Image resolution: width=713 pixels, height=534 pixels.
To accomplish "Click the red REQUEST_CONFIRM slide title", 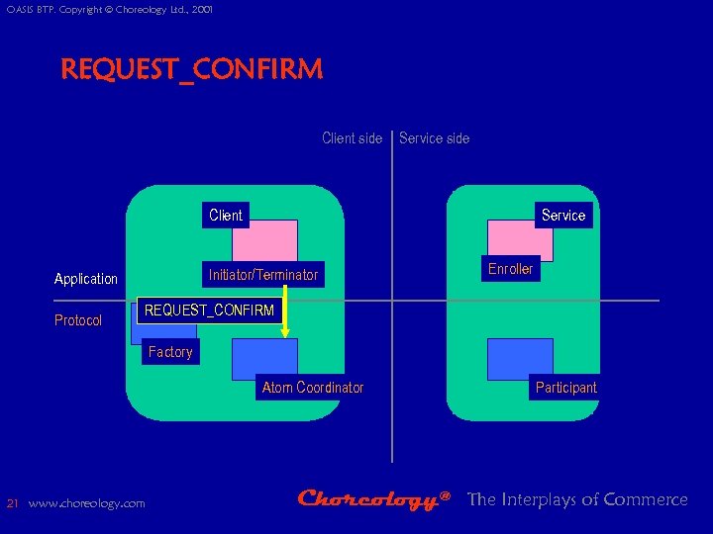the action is (x=191, y=70).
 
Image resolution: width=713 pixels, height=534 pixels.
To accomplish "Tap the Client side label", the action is (x=352, y=138).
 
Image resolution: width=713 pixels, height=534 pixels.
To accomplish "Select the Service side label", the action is (x=435, y=138).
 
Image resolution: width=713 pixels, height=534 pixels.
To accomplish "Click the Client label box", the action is (x=226, y=215).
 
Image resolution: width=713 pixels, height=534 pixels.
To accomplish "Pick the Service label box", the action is (x=563, y=215).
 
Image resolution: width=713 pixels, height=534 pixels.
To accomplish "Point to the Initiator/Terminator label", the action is (x=263, y=275).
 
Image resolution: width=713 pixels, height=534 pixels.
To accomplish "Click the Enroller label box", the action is (x=511, y=269).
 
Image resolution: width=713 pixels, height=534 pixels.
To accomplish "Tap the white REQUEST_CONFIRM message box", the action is (x=209, y=311).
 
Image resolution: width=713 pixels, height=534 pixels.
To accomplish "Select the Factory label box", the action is (x=170, y=352).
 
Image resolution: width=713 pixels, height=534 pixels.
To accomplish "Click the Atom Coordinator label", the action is (x=313, y=388).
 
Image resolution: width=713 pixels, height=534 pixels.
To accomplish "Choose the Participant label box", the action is (x=566, y=388).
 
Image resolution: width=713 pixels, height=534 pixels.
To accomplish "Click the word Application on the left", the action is (x=86, y=279).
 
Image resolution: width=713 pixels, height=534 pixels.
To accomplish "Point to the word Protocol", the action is (x=78, y=320).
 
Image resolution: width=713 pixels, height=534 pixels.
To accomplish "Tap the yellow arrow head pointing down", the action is (x=285, y=333).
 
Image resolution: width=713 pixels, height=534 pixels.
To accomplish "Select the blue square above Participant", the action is (x=520, y=358).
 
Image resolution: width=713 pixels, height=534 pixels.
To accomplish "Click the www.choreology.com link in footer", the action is (x=87, y=503).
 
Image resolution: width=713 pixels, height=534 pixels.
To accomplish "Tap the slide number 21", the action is (x=12, y=503).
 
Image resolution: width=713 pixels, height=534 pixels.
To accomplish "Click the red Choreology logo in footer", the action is (x=374, y=500).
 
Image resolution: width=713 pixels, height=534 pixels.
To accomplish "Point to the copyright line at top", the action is (x=109, y=10).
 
